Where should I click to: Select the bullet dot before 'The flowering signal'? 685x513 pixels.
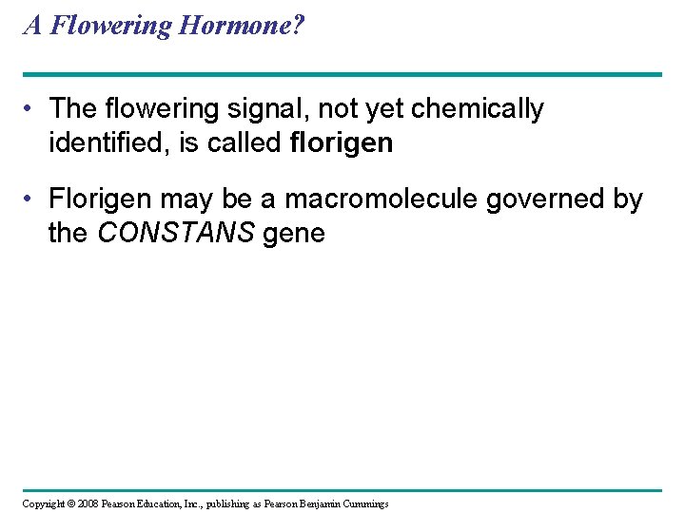pos(31,109)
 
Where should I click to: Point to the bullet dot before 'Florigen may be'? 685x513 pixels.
pos(31,200)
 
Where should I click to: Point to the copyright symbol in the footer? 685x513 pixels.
pos(70,503)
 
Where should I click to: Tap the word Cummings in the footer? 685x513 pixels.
pos(365,503)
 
